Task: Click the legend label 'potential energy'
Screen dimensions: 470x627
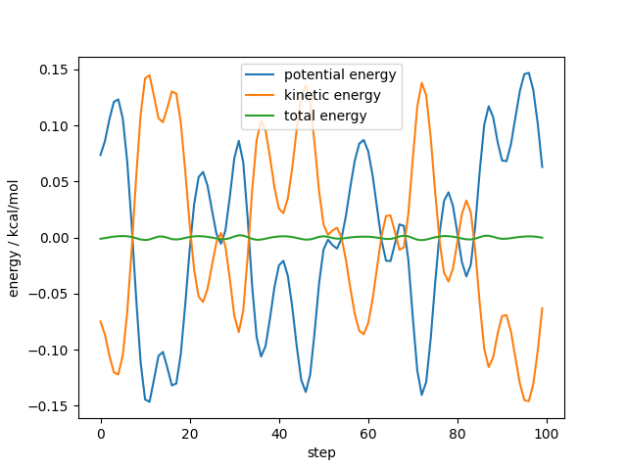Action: point(340,75)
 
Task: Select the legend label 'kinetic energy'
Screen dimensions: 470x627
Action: point(332,95)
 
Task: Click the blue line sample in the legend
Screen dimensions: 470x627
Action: point(263,75)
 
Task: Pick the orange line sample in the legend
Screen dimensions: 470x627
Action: point(263,95)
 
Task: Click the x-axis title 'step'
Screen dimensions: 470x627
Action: point(321,453)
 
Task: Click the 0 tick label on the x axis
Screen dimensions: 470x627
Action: point(101,433)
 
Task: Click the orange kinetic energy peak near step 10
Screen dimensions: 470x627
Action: point(149,75)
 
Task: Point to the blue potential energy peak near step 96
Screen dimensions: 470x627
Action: point(528,72)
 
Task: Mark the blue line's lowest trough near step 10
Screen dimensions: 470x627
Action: point(149,400)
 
